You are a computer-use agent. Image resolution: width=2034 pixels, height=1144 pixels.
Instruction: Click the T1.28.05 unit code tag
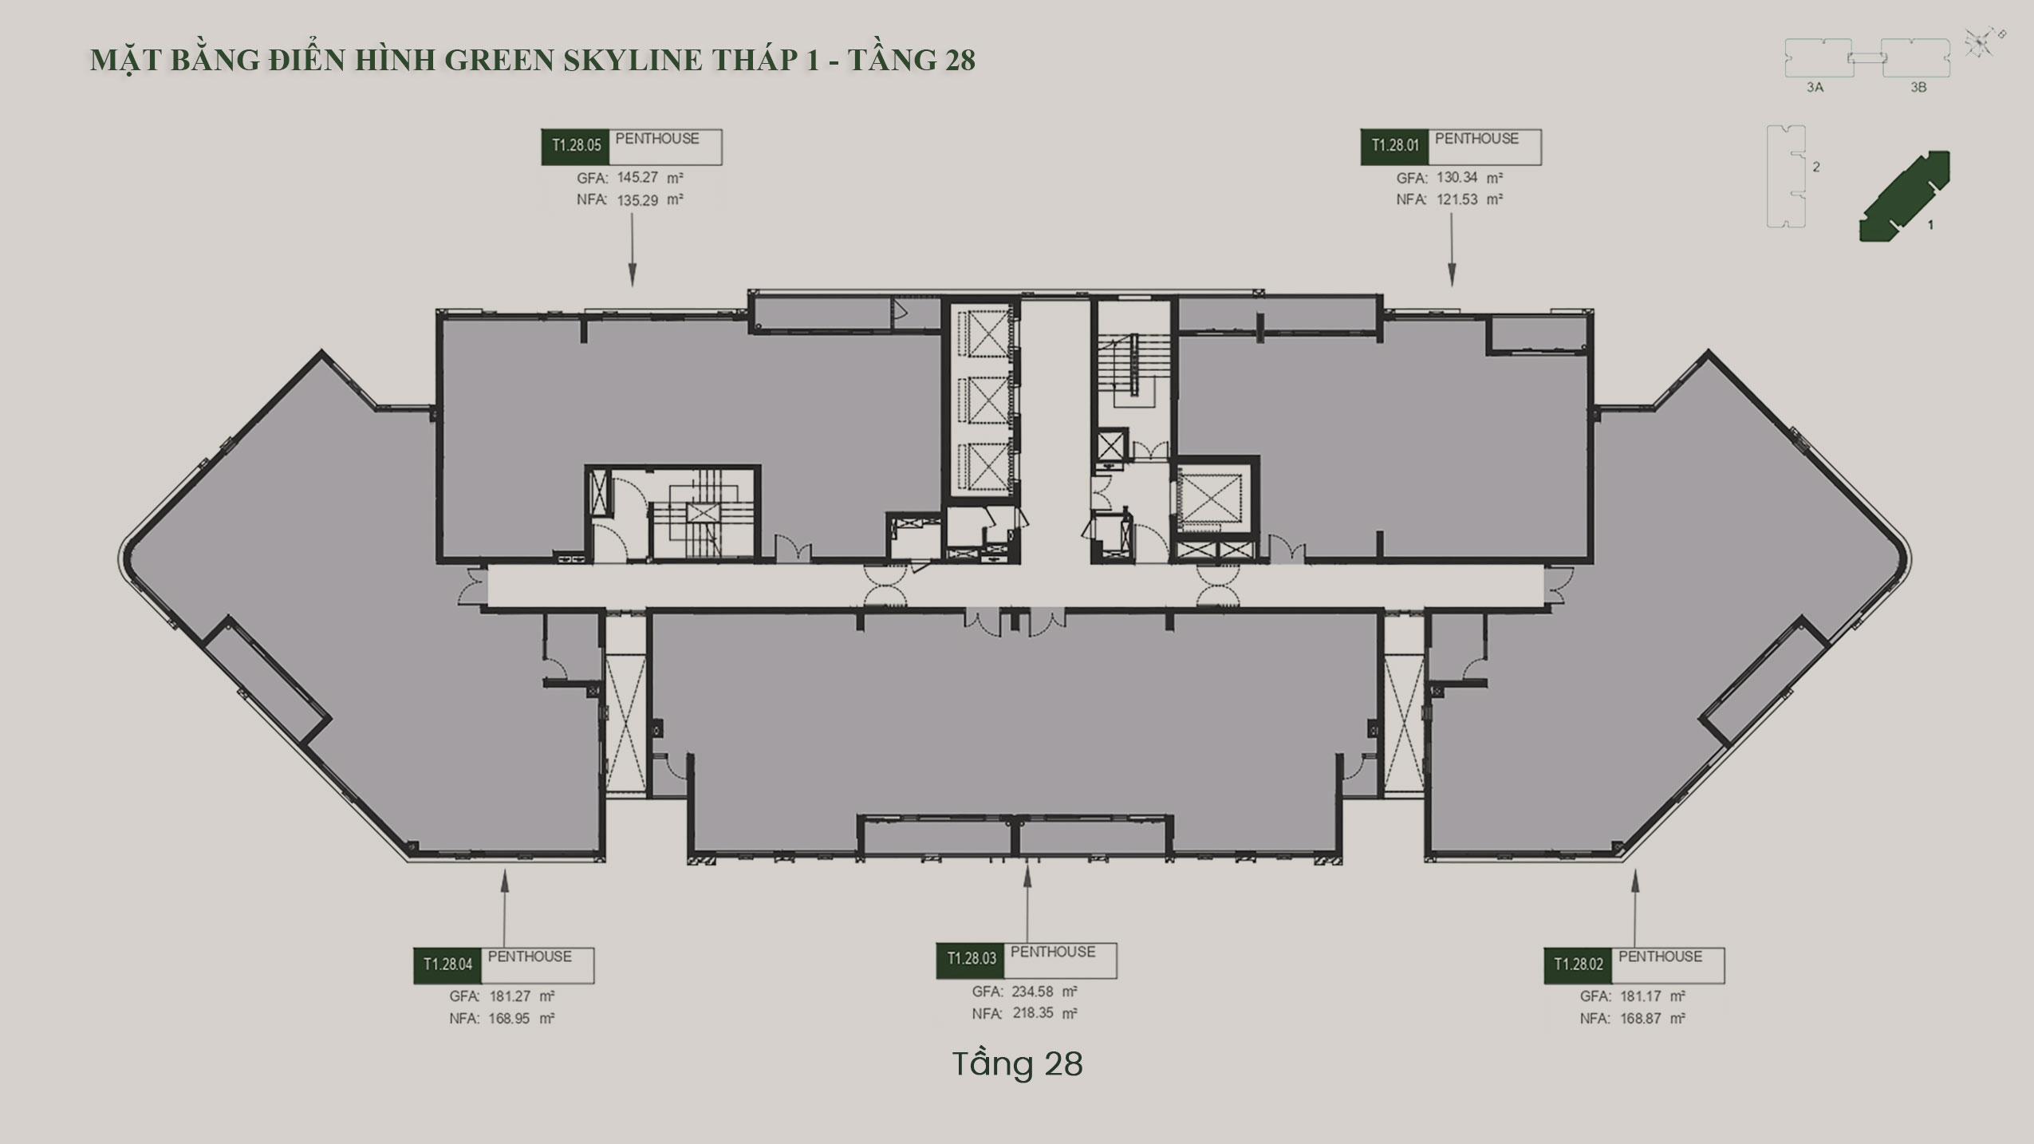coord(576,147)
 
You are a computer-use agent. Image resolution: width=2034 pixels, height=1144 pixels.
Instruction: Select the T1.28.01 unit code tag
coord(1395,147)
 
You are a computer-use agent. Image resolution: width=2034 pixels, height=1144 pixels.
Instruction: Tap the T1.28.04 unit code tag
coord(447,965)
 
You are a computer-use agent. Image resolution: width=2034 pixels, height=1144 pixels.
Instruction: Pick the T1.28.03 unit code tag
coord(971,960)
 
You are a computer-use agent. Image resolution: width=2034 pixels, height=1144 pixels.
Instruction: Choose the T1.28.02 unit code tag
coord(1579,965)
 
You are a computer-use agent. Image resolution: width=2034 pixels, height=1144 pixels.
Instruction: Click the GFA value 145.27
coord(637,178)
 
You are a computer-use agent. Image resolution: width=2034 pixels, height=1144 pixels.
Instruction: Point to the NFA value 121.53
coord(1457,199)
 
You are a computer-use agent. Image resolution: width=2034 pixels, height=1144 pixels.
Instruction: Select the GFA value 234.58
coord(1033,992)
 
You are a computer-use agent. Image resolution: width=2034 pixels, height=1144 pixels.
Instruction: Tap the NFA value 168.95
coord(510,1019)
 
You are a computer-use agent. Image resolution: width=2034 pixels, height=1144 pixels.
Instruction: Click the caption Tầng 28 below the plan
coord(1017,1064)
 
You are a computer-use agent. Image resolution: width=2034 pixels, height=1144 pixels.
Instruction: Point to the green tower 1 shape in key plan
coord(1905,196)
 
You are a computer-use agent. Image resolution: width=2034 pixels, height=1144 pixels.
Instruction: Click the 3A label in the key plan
coord(1815,88)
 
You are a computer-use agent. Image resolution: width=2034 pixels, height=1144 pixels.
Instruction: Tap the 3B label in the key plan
coord(1918,88)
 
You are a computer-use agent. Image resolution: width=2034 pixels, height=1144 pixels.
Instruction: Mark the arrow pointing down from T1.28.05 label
coord(633,250)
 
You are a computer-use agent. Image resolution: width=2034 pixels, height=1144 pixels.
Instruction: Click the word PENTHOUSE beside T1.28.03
coord(1053,953)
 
